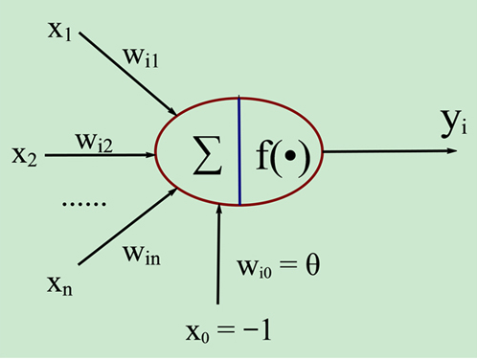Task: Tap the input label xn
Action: tap(58, 283)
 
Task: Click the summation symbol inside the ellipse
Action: tap(204, 151)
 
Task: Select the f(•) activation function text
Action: tap(284, 152)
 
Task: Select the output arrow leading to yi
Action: tap(383, 151)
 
